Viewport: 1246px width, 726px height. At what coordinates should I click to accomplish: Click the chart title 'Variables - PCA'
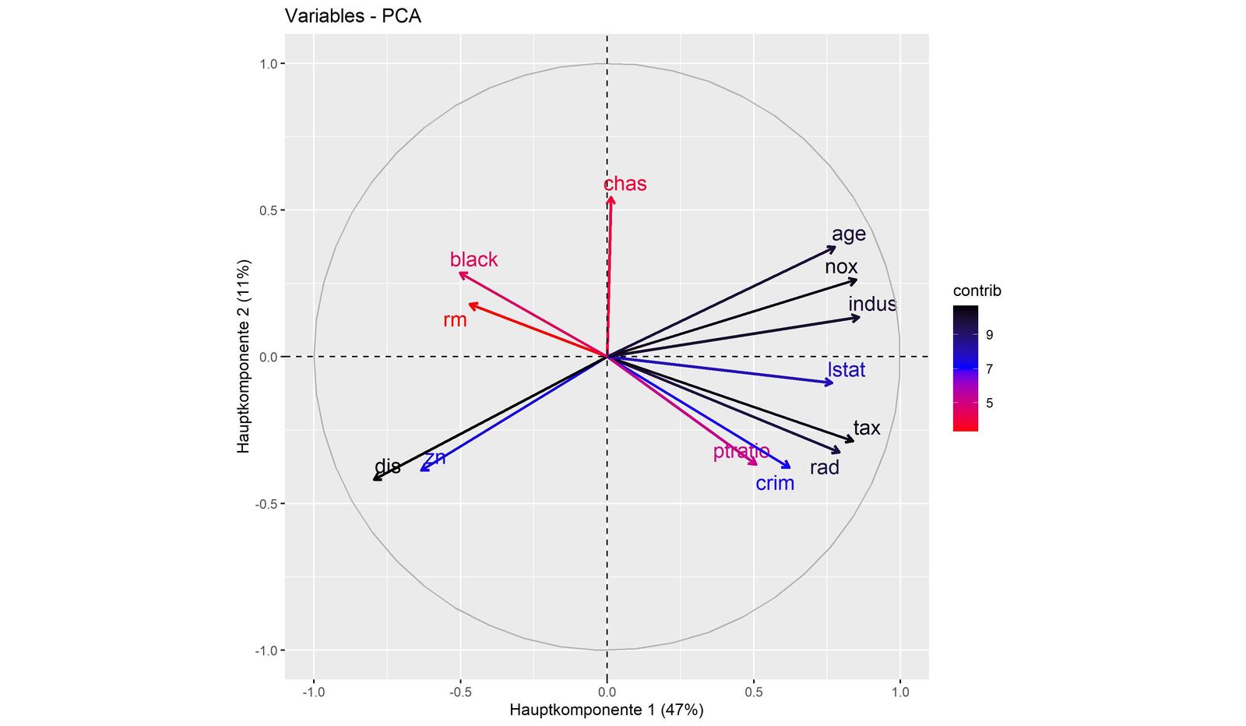pos(353,16)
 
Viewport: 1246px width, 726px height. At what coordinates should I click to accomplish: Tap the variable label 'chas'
pos(625,184)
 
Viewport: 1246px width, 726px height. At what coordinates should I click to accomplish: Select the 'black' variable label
pos(473,259)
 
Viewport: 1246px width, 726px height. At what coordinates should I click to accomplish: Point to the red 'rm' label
pos(455,319)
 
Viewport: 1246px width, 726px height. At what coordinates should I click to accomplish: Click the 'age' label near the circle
pos(849,234)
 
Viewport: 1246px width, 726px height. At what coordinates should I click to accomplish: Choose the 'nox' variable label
pos(841,266)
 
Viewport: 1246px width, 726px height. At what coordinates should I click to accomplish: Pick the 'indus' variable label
pos(872,304)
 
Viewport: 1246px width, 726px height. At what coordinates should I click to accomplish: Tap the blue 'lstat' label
pos(847,369)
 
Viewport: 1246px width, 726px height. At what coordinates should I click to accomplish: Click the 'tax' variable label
pos(867,428)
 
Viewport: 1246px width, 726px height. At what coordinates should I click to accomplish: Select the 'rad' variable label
pos(825,467)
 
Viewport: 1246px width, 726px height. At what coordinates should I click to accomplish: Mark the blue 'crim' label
pos(775,483)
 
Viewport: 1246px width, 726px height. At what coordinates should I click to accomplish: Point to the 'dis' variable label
pos(387,467)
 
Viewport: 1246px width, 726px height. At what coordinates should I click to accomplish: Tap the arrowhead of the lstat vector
pos(831,382)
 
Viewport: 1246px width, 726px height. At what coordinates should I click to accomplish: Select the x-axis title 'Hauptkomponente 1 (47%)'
pos(607,710)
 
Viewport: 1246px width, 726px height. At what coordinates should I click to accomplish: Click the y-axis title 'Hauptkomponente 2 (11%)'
pos(245,356)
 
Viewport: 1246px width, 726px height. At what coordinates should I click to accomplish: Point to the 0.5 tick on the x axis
pos(753,691)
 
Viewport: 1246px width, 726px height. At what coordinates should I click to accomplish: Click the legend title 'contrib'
pos(977,291)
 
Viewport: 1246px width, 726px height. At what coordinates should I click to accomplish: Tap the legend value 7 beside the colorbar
pos(989,369)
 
